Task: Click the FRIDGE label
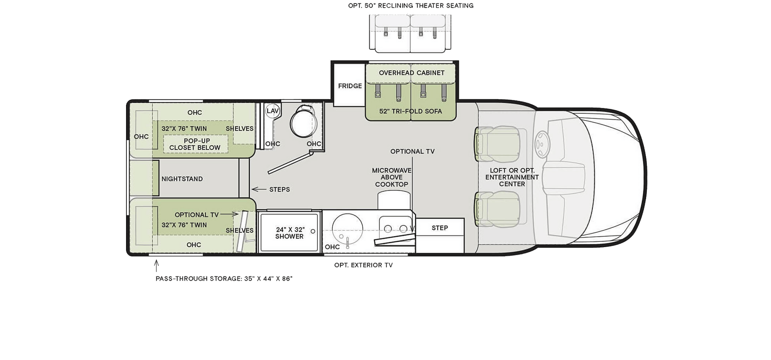coord(350,86)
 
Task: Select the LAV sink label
coord(273,111)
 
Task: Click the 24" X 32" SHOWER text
coord(290,233)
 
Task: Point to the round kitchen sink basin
coord(347,229)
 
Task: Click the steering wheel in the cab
coord(541,144)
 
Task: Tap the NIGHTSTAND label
coord(182,179)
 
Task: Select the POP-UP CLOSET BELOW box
coord(195,144)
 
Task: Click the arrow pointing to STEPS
coord(259,189)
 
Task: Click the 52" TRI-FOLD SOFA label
coord(411,111)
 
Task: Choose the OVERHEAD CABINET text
coord(412,73)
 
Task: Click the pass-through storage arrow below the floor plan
coord(157,266)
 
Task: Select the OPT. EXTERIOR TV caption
coord(364,265)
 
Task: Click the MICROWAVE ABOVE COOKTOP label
coord(392,177)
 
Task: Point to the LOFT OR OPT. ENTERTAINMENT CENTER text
coord(512,177)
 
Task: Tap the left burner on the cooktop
coord(388,229)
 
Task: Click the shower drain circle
coord(313,232)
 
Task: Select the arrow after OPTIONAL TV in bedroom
coord(229,214)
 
